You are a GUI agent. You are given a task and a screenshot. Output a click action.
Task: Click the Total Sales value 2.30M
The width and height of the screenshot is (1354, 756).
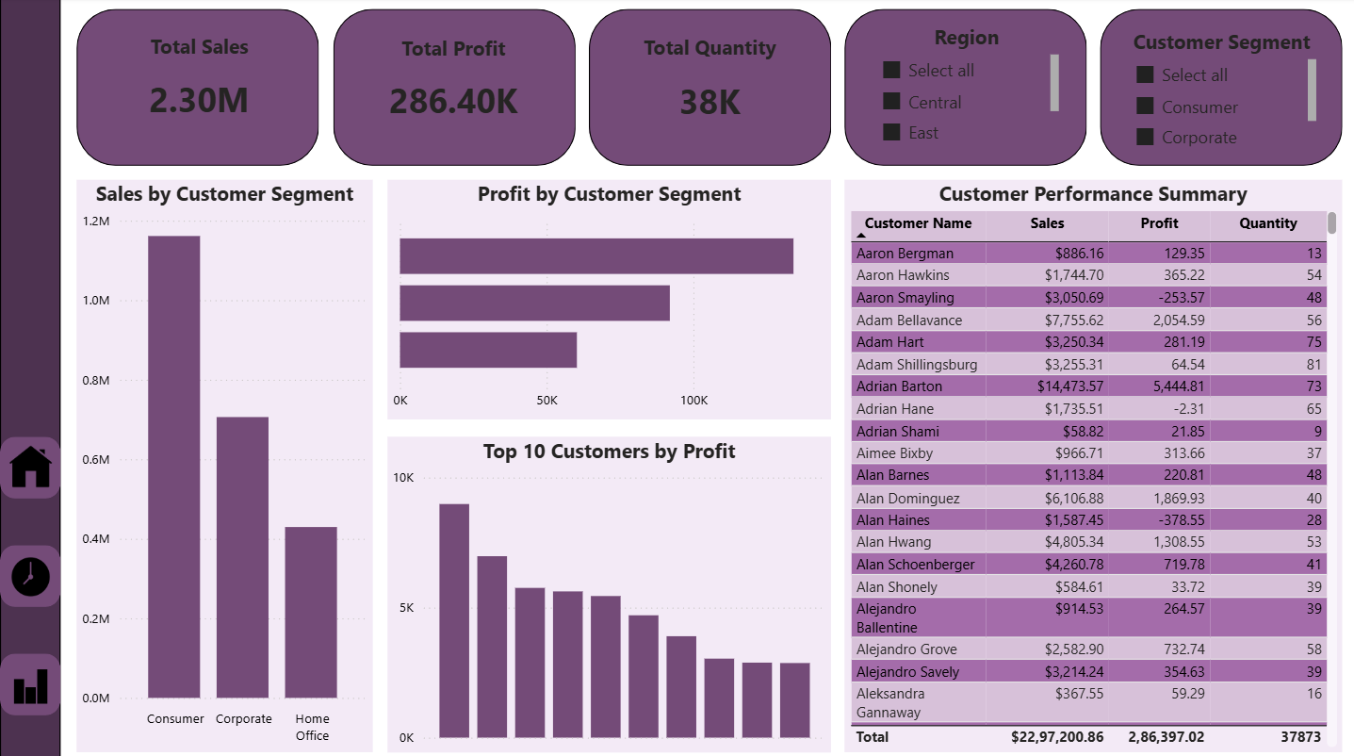(199, 100)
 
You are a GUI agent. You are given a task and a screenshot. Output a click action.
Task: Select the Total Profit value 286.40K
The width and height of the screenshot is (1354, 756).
(454, 101)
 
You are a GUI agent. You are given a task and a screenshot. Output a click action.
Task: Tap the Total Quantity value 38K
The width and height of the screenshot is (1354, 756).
(710, 102)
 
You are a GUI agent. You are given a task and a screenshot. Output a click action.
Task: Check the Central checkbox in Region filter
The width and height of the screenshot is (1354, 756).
(891, 102)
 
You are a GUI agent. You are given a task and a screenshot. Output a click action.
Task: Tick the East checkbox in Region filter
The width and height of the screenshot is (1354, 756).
(891, 132)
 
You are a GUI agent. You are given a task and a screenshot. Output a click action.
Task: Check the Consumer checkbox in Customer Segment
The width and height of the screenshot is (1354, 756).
(1145, 107)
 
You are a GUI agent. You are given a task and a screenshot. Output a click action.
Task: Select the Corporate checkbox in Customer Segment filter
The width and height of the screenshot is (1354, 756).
(1145, 137)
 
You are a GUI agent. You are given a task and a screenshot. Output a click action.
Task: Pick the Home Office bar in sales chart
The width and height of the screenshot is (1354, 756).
(311, 612)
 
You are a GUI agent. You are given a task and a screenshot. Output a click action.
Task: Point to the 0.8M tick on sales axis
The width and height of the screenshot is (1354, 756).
(95, 380)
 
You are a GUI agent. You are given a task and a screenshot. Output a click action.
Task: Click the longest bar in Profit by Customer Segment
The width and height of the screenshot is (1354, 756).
(595, 256)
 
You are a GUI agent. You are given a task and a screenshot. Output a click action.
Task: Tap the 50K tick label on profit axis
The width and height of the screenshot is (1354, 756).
(546, 401)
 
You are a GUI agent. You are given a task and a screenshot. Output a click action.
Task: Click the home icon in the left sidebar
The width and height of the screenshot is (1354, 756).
(30, 468)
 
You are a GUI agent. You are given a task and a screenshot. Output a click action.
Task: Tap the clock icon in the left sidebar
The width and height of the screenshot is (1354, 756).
(30, 576)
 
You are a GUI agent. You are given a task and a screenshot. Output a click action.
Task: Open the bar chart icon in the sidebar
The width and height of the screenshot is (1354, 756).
(30, 685)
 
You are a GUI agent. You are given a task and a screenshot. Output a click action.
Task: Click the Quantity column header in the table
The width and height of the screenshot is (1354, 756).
(1267, 223)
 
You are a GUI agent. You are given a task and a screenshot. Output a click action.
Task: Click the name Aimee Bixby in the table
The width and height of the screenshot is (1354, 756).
(894, 453)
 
